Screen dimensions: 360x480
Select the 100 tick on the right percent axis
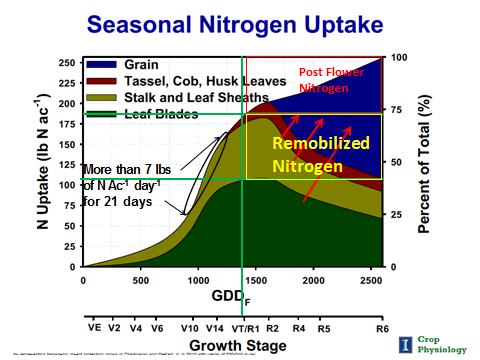point(398,57)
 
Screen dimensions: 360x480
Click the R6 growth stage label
point(382,327)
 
